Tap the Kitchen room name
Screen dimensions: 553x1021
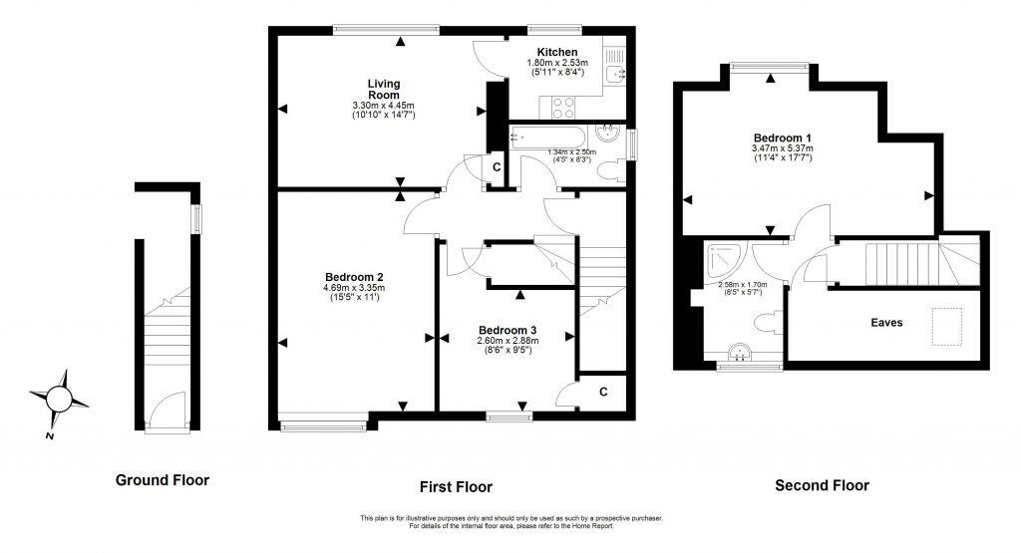[x=556, y=52]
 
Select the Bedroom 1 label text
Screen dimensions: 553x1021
[x=783, y=138]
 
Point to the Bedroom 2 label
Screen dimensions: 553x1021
[x=354, y=277]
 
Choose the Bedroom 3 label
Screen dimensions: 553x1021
[x=508, y=330]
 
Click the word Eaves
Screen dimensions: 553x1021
[x=887, y=323]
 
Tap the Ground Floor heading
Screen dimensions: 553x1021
[x=163, y=480]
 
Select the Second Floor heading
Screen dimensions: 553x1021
[x=823, y=485]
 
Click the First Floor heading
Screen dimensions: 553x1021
[x=456, y=487]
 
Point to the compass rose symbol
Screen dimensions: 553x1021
[x=59, y=400]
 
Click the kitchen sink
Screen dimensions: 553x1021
[x=619, y=73]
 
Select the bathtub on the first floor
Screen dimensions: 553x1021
[x=548, y=138]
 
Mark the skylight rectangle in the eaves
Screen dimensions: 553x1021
[x=946, y=324]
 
